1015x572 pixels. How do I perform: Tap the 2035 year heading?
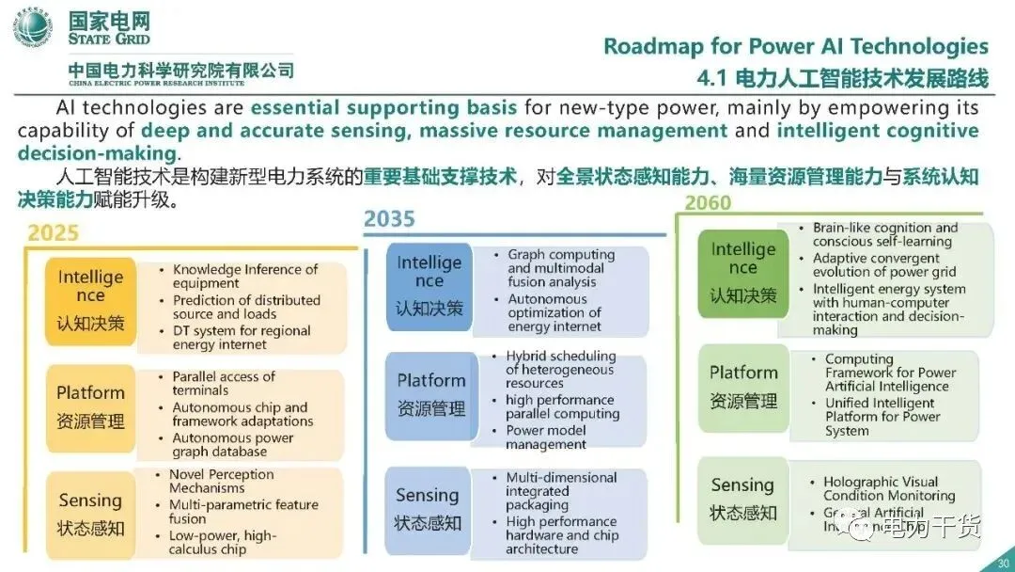[389, 219]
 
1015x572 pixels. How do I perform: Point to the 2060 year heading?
[708, 202]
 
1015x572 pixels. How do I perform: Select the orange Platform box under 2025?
[90, 405]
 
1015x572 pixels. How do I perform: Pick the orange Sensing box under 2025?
[90, 513]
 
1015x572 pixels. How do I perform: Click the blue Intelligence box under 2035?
[429, 284]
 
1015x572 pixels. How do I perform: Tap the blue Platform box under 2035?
[431, 393]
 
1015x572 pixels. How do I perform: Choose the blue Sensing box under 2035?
[428, 507]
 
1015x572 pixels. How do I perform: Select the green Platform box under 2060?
[743, 387]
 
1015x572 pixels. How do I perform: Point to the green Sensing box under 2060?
[742, 498]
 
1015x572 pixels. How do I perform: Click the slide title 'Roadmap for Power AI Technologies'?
[795, 46]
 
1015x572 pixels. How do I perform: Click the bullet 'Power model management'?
[546, 437]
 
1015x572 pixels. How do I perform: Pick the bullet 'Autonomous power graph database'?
[233, 445]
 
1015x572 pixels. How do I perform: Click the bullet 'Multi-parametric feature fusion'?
[242, 511]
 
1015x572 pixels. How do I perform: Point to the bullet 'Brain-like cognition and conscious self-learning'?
[884, 234]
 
